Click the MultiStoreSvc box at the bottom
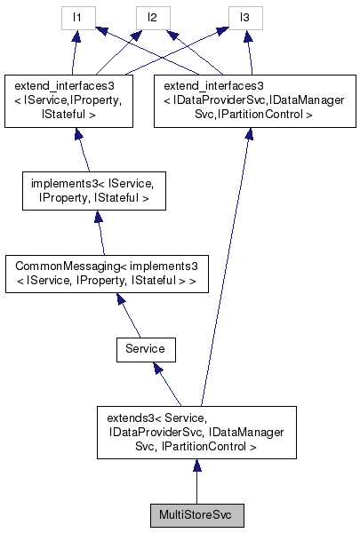196,514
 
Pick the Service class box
145,349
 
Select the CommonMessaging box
102,274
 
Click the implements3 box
92,192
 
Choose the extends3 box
196,433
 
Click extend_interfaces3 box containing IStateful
71,99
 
